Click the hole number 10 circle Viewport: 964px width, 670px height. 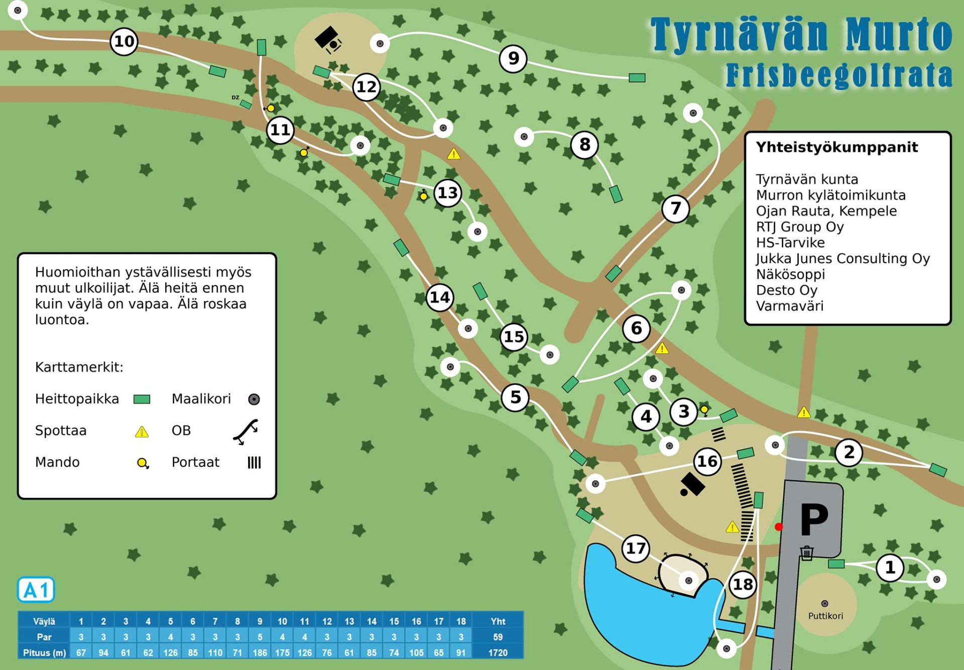point(124,41)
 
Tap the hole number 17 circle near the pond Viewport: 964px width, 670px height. point(636,548)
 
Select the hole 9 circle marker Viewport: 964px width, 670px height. point(513,58)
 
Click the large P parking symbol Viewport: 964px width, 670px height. point(814,519)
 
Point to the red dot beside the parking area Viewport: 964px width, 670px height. point(778,526)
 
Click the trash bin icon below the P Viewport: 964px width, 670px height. point(807,553)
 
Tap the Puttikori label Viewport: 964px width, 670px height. point(825,616)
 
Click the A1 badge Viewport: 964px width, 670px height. point(36,590)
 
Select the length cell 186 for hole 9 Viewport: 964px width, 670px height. point(260,652)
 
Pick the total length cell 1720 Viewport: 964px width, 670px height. point(498,652)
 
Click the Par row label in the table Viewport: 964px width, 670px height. point(44,637)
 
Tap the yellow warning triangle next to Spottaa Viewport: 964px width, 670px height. point(142,432)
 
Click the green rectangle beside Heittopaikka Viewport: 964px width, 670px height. point(142,399)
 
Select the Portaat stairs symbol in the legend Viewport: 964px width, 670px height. point(254,462)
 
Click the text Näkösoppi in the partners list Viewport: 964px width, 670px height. point(790,275)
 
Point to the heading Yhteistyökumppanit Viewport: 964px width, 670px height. point(836,147)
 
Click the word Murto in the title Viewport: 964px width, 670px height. point(898,34)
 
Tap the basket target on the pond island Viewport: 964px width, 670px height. point(688,581)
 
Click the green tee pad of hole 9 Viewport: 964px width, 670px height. point(637,78)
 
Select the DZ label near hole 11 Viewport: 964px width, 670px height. point(235,97)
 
